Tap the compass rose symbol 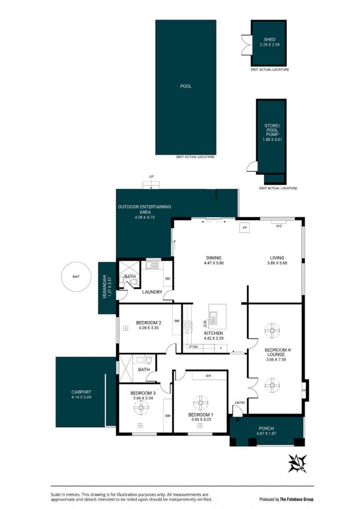pos(297,463)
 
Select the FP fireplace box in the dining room pos(245,228)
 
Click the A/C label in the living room pos(279,226)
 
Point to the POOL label pos(186,86)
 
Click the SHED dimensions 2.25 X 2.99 pos(270,45)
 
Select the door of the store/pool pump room pos(252,167)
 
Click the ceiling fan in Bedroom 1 pos(200,403)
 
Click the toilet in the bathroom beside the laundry pos(133,282)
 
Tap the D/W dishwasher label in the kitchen pos(205,324)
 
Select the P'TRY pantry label pos(193,347)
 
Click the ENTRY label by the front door pos(240,403)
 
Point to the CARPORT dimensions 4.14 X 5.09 pos(81,397)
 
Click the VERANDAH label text pos(104,287)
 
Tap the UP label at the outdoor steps pos(151,177)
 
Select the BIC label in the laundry pos(168,278)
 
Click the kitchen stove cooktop pos(188,327)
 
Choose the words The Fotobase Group pos(297,499)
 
